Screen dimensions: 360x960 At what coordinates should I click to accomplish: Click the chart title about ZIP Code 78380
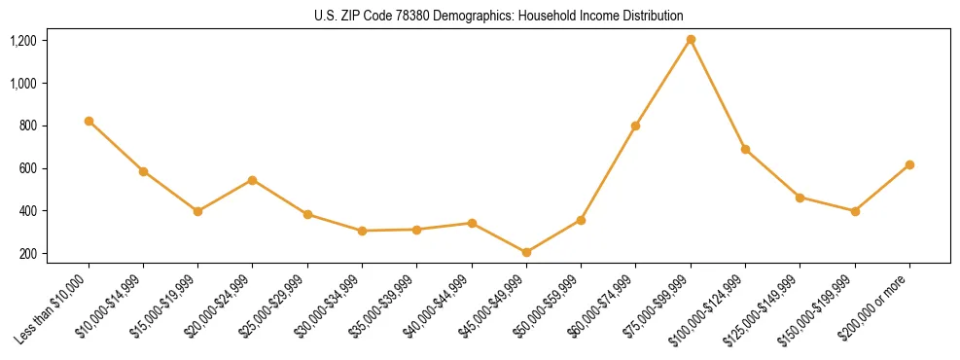coord(499,17)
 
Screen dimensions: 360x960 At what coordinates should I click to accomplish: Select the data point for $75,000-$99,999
coord(691,40)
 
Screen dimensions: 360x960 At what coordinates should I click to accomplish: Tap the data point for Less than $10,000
coord(89,121)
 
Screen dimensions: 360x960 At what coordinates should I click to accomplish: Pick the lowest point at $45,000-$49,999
coord(526,252)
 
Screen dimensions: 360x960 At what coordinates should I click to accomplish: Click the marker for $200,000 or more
coord(909,164)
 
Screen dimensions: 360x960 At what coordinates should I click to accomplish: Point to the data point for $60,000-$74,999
coord(636,126)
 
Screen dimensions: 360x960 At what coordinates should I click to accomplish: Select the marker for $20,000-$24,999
coord(253,180)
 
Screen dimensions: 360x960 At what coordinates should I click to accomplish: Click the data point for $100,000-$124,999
coord(745,149)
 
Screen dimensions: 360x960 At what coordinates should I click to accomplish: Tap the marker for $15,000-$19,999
coord(198,211)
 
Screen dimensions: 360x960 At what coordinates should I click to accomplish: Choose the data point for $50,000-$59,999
coord(581,220)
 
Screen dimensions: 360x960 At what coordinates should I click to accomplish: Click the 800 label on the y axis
coord(27,126)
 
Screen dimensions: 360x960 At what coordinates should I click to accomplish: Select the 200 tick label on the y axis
coord(27,254)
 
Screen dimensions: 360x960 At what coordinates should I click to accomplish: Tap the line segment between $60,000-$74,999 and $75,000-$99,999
coord(663,83)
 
